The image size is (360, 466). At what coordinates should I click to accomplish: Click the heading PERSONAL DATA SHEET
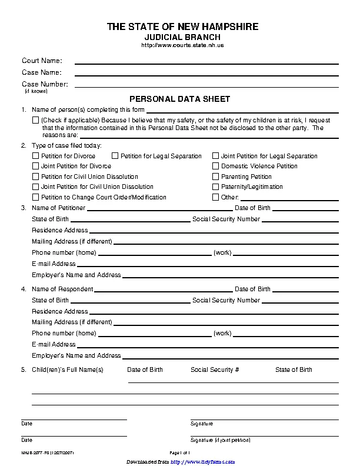(x=179, y=99)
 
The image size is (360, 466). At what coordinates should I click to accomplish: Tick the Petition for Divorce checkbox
(x=35, y=157)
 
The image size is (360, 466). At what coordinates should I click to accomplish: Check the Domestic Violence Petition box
(x=216, y=167)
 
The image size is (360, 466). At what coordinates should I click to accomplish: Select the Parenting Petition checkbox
(x=216, y=177)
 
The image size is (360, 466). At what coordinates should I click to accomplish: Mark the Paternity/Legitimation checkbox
(x=216, y=187)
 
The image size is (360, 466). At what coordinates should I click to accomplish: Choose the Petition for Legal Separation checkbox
(x=115, y=157)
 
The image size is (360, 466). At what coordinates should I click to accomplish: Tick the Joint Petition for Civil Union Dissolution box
(x=35, y=187)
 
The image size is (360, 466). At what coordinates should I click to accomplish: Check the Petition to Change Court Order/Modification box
(x=35, y=198)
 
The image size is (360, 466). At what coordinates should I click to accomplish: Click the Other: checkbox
(x=216, y=198)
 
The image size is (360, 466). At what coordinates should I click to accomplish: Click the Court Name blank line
(x=206, y=62)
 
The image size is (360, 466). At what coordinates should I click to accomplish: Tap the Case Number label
(x=45, y=84)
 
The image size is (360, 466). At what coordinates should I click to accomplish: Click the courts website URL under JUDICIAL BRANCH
(x=182, y=45)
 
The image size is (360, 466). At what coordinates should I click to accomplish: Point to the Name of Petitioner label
(x=58, y=208)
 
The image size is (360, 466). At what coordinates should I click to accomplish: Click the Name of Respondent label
(x=62, y=289)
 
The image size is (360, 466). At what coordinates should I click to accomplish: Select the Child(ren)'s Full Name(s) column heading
(x=68, y=370)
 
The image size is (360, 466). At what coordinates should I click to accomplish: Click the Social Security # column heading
(x=215, y=370)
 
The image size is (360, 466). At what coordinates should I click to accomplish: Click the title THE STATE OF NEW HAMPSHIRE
(x=182, y=27)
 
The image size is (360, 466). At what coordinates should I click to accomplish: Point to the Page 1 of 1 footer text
(x=180, y=452)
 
